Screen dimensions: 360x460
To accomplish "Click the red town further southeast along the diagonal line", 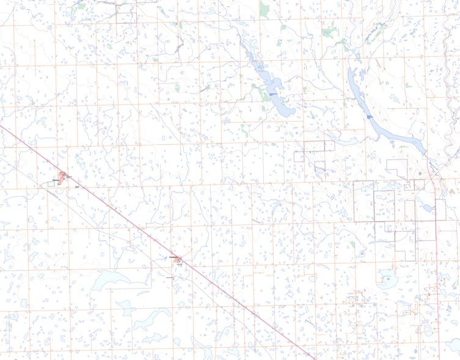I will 178,262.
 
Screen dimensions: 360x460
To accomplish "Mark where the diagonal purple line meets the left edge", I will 1,127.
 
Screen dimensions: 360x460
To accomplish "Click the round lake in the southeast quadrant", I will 387,281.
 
